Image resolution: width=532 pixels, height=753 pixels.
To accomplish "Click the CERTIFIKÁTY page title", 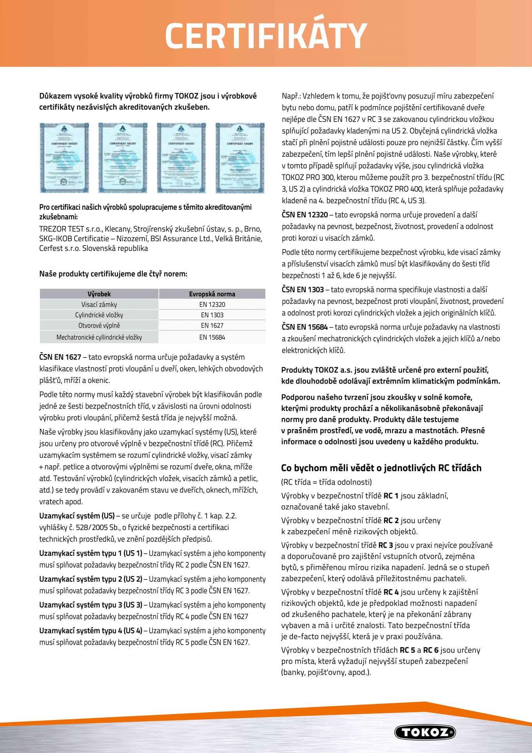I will coord(266,36).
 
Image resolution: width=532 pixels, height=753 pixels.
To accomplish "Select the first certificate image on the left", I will coord(64,158).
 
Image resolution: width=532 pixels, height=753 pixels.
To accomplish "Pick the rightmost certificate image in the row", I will coord(240,158).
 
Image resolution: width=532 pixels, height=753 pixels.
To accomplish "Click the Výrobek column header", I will coord(99,294).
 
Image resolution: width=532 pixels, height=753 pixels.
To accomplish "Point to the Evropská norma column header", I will coord(212,294).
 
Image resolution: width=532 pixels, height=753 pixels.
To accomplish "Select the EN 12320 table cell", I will coord(212,304).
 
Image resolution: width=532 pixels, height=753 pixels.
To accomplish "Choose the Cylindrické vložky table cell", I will coord(99,315).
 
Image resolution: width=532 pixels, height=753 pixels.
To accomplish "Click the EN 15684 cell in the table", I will coord(212,337).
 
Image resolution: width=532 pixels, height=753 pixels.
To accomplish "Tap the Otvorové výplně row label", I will coord(99,326).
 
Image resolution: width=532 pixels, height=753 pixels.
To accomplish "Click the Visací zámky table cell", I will coord(99,304).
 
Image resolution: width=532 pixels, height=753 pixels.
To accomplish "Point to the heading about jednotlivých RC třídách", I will coord(381,468).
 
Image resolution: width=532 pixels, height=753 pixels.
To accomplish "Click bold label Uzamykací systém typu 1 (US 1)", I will coord(91,553).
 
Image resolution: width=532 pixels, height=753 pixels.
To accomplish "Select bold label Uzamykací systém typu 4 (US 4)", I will coord(91,631).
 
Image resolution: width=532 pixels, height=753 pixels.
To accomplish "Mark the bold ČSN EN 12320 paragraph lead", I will coord(305,215).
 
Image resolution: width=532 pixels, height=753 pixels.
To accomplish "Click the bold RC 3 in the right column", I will coord(386,545).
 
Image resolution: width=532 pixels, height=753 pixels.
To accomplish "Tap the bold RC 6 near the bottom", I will coord(430,650).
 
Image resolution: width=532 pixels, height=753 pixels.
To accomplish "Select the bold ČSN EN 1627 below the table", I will coord(60,357).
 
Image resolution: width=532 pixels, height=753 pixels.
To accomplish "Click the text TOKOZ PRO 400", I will coord(396,189).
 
